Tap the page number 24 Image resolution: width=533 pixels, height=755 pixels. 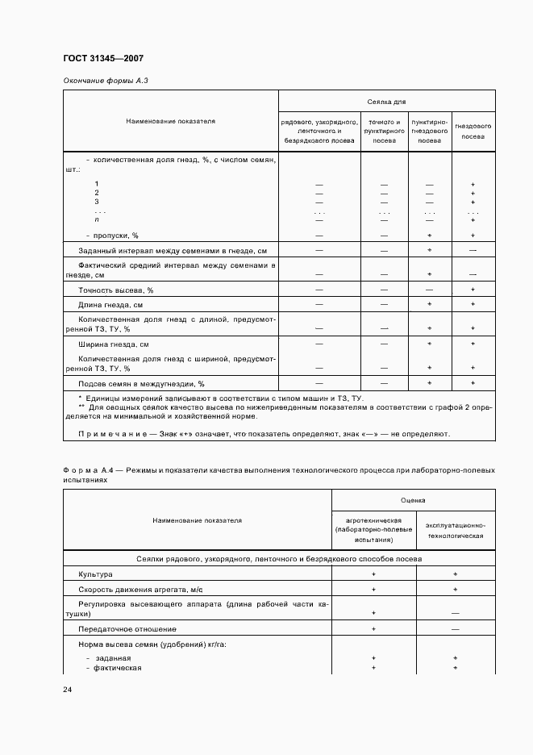point(67,690)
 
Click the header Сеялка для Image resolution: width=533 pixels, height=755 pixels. point(386,102)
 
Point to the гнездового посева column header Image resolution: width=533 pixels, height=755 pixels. point(473,131)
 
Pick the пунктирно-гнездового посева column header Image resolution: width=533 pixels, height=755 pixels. point(430,131)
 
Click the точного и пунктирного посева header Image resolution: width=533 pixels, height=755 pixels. point(384,131)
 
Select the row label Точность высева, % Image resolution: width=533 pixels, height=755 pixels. point(115,290)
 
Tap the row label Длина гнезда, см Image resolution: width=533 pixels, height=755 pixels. point(110,305)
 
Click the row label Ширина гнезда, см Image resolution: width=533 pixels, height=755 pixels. point(114,344)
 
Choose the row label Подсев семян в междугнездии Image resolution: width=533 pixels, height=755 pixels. point(141,384)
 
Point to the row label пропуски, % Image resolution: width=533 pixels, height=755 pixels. point(106,236)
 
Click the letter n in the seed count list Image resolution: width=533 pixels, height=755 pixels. point(97,219)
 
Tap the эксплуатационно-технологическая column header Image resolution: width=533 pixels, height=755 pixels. point(455,530)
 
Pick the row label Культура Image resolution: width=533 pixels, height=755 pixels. point(95,574)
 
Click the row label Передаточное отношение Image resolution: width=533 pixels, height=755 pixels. point(127,628)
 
